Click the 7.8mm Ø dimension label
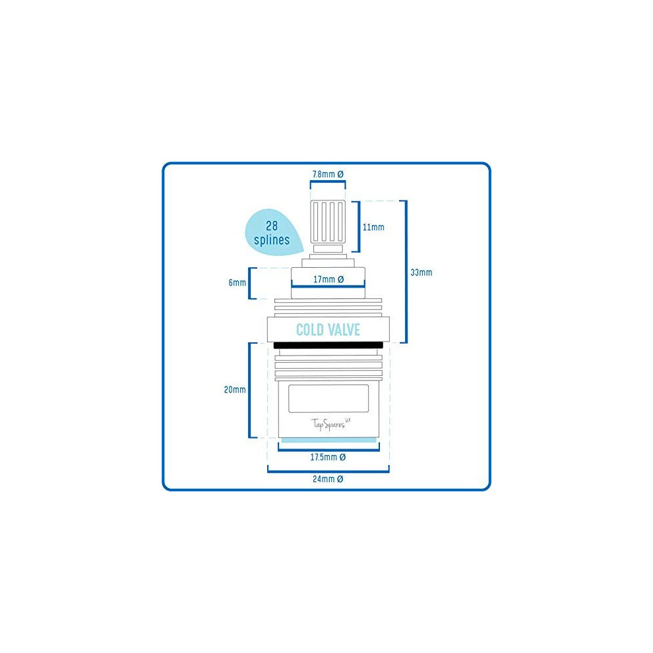[328, 174]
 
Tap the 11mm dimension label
[373, 228]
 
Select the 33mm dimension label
[421, 272]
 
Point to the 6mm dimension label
[237, 283]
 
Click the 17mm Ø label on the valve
[328, 280]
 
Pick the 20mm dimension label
[235, 390]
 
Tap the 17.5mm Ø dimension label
[328, 457]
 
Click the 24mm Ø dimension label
[328, 479]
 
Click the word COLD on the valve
[310, 330]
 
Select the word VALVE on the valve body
[344, 330]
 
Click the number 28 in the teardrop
[272, 226]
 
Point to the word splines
[272, 240]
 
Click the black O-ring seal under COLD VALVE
[328, 345]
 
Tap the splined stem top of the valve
[328, 222]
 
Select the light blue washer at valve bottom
[328, 440]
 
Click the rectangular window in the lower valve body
[328, 399]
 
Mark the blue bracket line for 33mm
[406, 272]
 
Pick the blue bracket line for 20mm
[249, 390]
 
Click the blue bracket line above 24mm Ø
[328, 472]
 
